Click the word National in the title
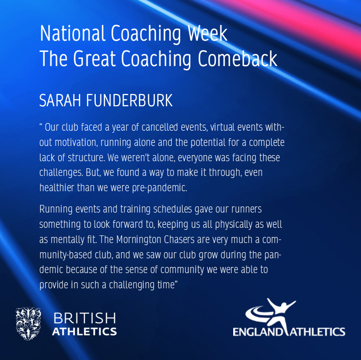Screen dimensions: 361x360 point(72,34)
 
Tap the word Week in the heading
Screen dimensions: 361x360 point(207,34)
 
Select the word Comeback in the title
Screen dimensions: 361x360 point(237,58)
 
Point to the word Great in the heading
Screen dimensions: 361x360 point(94,58)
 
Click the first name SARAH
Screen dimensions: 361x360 point(60,101)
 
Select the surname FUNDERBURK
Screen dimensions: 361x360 point(129,101)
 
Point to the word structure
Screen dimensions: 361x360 point(87,158)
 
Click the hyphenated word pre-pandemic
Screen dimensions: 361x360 point(159,188)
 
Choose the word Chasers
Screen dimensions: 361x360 point(179,239)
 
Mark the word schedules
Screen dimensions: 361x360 point(173,209)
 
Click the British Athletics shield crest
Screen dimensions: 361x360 point(29,323)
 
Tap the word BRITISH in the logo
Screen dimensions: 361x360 point(85,318)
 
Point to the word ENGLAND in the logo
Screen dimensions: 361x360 point(258,332)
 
